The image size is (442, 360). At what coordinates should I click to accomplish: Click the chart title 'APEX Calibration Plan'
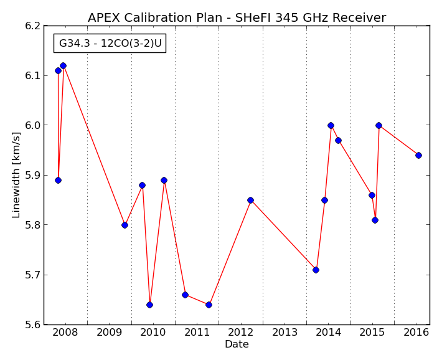click(x=155, y=18)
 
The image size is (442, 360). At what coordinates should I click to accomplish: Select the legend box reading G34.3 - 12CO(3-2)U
click(x=110, y=43)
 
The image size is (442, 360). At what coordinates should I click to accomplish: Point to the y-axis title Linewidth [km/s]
click(x=16, y=175)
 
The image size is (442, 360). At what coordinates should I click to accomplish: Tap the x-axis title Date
click(x=237, y=344)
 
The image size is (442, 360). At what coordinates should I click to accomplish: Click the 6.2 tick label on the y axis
click(x=33, y=26)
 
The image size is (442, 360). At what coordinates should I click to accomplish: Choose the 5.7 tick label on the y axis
click(x=33, y=275)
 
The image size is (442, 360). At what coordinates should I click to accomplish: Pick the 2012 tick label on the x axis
click(x=240, y=333)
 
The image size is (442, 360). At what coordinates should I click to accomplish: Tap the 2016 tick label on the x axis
click(x=416, y=333)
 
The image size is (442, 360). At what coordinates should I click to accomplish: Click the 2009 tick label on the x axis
click(x=109, y=333)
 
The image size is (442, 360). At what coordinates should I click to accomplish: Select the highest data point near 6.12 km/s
click(x=63, y=66)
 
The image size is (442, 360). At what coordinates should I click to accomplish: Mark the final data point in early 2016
click(x=418, y=156)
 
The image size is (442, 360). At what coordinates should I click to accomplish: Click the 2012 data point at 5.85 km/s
click(x=250, y=201)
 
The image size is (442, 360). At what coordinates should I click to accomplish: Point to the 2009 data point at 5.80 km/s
click(x=125, y=225)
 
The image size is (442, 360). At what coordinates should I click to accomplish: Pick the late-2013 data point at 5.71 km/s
click(x=316, y=270)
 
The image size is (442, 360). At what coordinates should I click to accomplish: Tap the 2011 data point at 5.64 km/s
click(x=209, y=305)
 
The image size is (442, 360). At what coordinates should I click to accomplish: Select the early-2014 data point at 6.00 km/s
click(x=331, y=126)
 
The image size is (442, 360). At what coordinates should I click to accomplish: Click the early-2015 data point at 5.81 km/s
click(x=375, y=220)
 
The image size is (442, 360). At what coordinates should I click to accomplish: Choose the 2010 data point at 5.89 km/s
click(x=164, y=180)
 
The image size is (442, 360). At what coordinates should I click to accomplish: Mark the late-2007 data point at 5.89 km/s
click(x=58, y=180)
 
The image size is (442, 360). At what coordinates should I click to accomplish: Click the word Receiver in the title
click(x=359, y=18)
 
